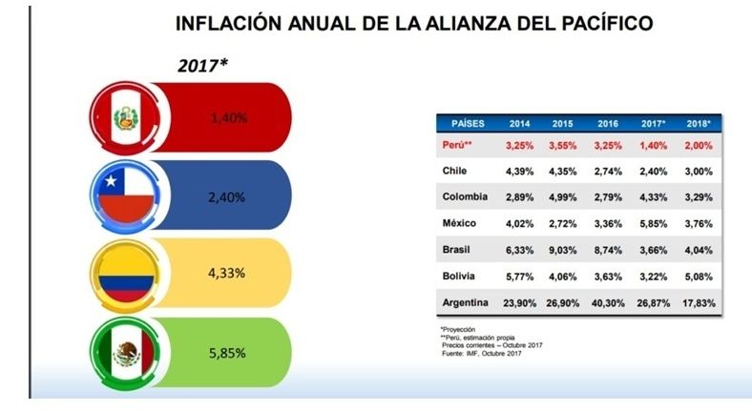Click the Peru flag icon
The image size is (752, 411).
coord(126,118)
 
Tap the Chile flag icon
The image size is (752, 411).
coord(126,195)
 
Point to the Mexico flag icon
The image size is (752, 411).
coord(126,354)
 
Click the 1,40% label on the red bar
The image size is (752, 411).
coord(229,118)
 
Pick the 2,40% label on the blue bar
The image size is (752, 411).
coord(226,196)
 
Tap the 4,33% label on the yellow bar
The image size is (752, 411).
coord(226,273)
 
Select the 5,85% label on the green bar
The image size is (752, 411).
coord(227,353)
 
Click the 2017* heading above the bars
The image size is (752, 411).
coord(202,65)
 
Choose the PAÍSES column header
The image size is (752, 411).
coord(468,124)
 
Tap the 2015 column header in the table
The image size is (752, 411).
coord(562,124)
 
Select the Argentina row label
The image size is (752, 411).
coord(465,302)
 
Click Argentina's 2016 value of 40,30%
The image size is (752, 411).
coord(608,303)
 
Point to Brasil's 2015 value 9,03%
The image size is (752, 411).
coord(562,250)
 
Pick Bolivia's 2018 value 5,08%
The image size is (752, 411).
coord(699,277)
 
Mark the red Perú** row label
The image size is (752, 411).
coord(457,145)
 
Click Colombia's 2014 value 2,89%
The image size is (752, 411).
coord(519,197)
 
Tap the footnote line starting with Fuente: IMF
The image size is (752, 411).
coord(482,354)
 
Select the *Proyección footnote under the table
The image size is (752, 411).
coord(457,330)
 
